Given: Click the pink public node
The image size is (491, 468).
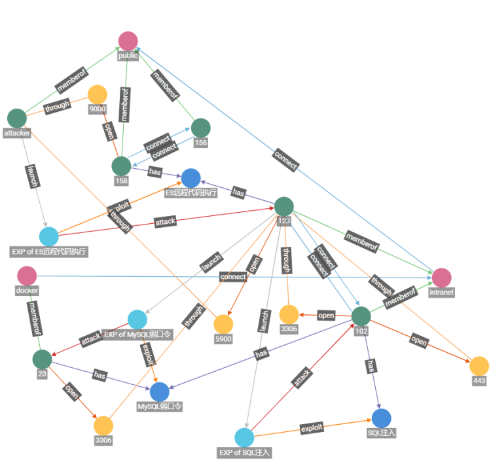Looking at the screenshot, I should [128, 41].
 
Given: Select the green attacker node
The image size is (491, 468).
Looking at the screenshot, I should [16, 118].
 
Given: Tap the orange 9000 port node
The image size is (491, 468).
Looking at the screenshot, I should [97, 95].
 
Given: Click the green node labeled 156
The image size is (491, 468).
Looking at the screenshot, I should [200, 128].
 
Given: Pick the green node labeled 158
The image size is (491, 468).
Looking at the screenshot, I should [121, 166].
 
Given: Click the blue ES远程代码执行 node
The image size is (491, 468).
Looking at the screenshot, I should [191, 178].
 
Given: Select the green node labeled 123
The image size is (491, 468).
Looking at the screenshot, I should [283, 207].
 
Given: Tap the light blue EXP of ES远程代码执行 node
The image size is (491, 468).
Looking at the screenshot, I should [49, 237].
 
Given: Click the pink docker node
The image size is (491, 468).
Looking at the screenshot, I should [27, 276].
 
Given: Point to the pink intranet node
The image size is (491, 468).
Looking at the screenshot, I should [441, 278].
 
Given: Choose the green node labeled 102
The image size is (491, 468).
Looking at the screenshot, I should [361, 316].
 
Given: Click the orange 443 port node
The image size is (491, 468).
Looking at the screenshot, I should [479, 366].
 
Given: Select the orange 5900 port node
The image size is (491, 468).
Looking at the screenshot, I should [223, 324].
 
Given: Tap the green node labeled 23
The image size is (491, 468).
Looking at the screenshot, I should [42, 359].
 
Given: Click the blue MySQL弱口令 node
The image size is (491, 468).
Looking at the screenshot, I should [160, 392].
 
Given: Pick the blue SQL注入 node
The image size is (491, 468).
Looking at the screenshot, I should [382, 418].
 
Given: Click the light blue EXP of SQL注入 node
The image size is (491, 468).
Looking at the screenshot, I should [244, 438].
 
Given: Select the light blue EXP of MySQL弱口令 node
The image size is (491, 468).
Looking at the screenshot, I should [137, 320].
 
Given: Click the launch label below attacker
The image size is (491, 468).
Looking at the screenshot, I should [31, 176].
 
